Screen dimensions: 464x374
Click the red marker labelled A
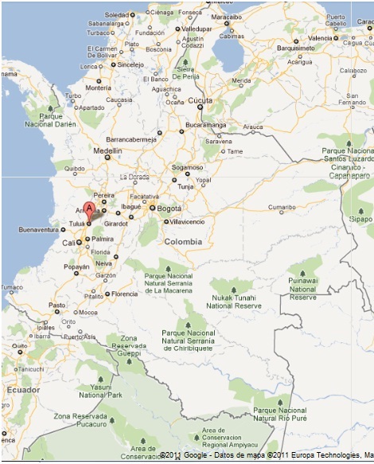[90, 209]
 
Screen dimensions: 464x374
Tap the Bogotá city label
[169, 209]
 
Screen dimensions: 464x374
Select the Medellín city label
[107, 150]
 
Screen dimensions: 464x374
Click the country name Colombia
[183, 242]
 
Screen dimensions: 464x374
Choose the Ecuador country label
[23, 390]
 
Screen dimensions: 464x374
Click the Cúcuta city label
[200, 101]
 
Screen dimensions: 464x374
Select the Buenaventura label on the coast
[40, 229]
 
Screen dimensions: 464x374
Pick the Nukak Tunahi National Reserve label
[233, 302]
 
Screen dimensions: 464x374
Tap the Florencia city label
[124, 294]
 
